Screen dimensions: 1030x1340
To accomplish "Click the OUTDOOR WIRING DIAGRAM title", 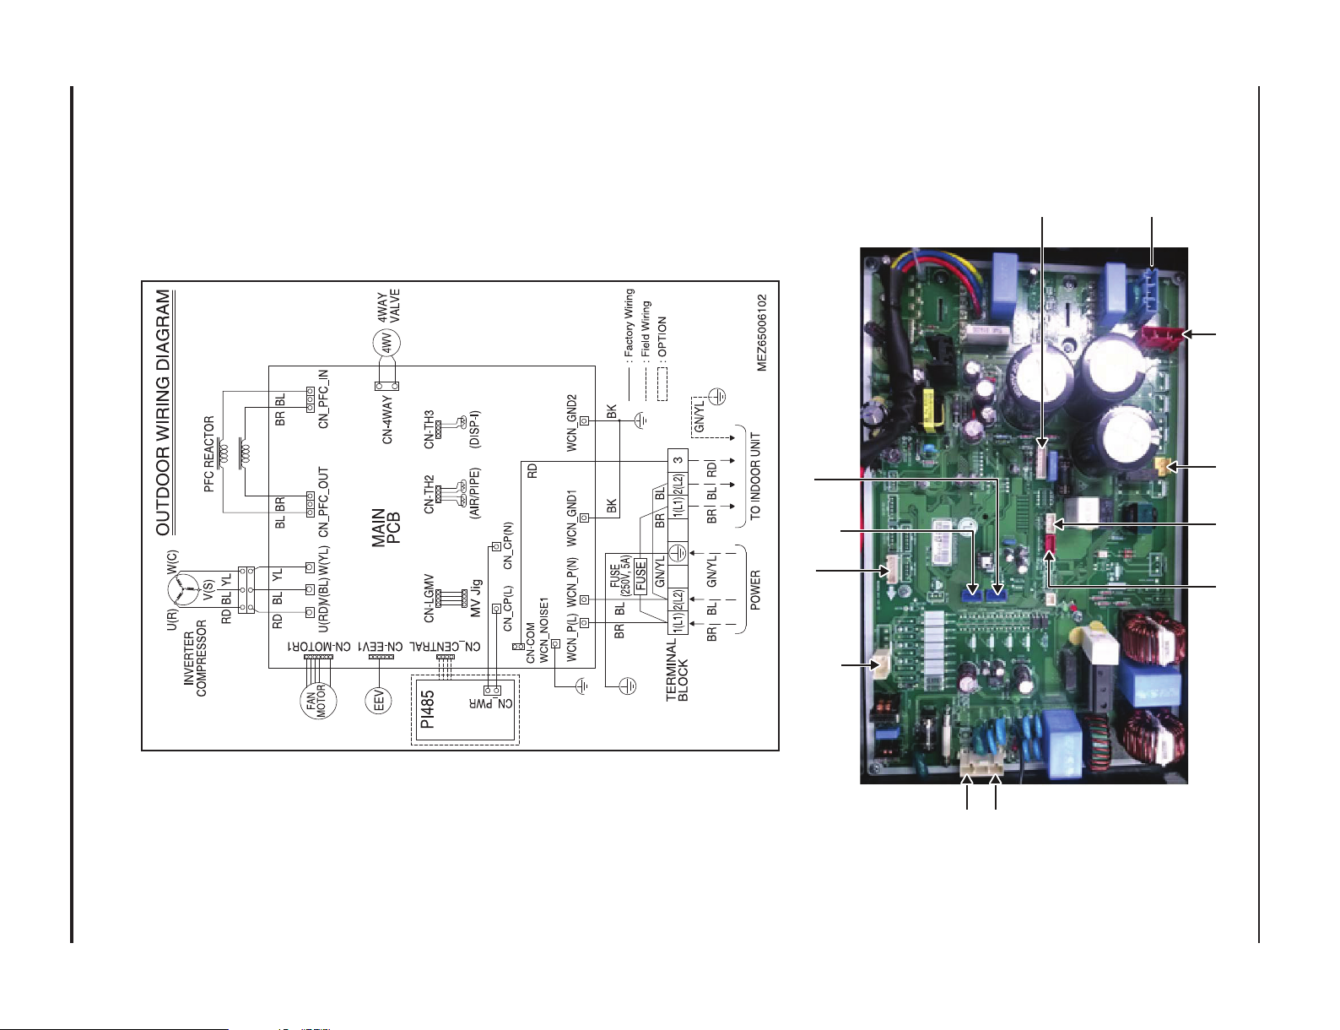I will pos(164,413).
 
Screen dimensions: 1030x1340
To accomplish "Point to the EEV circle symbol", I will pos(379,700).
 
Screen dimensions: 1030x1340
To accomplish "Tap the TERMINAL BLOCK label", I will pos(677,669).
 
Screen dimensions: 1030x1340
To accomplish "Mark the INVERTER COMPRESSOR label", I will pos(195,658).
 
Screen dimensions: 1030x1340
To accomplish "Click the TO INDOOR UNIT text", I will pos(755,476).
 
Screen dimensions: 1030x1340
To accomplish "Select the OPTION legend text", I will pos(662,337).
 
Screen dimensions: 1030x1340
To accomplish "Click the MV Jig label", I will pos(476,598).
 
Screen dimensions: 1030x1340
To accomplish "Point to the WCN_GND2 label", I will pos(571,422).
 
